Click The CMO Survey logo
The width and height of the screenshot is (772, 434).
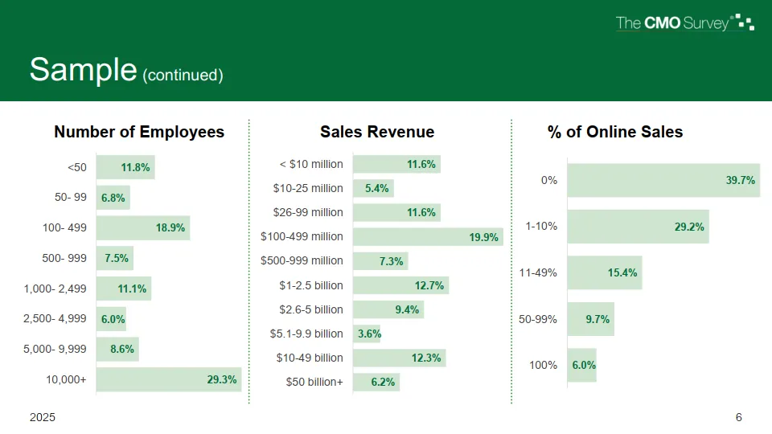pos(684,23)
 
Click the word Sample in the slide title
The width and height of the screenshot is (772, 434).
pos(83,70)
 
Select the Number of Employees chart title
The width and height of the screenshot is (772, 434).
pos(139,132)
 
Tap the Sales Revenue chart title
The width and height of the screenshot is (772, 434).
pos(377,132)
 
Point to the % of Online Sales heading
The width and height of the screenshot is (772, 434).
pos(615,132)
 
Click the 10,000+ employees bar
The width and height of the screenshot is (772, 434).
pos(169,379)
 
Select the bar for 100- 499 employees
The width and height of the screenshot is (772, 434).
pos(143,227)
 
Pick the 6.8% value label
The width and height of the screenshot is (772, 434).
pos(113,198)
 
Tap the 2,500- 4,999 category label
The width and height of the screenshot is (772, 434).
pos(55,318)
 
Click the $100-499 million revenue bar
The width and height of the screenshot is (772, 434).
pos(427,236)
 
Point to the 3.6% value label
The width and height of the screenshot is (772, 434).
pos(369,334)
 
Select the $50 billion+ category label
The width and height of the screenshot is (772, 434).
pos(314,382)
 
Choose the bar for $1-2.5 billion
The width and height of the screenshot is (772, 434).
pos(400,285)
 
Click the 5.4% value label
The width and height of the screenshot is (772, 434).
pos(377,188)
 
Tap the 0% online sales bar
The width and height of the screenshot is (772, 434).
pos(663,181)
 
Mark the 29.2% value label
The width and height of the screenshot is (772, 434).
pos(689,227)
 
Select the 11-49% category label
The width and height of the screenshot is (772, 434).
pos(538,273)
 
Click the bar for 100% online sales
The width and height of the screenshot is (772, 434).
pos(581,365)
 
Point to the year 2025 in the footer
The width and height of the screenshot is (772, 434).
pos(43,418)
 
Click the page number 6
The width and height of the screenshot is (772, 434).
pos(738,418)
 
